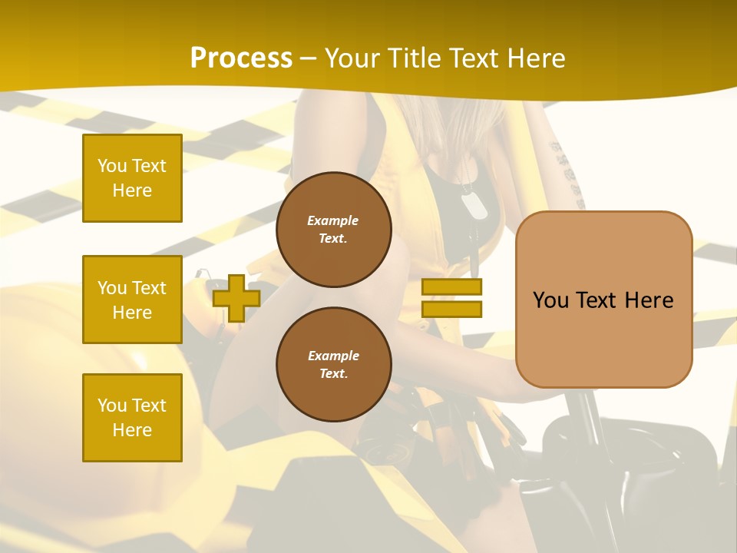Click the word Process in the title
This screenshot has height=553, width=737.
241,58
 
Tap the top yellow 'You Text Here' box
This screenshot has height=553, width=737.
132,178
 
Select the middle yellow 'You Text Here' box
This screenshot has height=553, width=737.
132,300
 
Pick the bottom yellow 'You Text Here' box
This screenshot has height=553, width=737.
132,418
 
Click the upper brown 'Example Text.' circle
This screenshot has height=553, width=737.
333,230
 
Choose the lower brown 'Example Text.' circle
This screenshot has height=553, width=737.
333,365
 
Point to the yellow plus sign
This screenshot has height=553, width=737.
236,298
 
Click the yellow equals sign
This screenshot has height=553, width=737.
451,298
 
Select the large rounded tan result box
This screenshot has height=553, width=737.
603,300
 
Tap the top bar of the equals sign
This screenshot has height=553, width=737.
451,287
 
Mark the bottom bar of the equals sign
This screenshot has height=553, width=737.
451,310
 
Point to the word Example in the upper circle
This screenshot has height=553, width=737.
333,221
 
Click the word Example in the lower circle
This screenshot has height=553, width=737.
333,356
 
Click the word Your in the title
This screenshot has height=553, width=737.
352,58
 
